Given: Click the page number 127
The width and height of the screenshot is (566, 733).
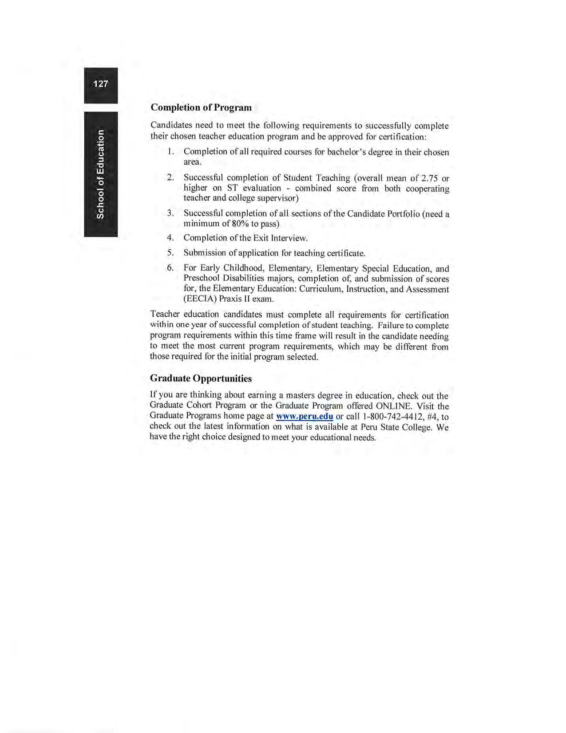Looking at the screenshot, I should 101,84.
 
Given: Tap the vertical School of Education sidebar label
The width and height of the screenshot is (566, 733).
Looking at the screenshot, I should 101,174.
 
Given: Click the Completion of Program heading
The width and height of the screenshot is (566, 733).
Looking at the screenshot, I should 201,108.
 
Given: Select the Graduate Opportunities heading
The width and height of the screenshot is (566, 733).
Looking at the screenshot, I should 201,378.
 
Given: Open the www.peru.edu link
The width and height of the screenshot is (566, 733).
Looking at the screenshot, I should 304,416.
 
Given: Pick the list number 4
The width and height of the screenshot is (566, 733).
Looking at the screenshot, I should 170,238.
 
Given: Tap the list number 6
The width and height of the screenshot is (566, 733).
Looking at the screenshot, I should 170,268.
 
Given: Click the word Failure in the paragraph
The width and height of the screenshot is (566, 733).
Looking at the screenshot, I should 392,325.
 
